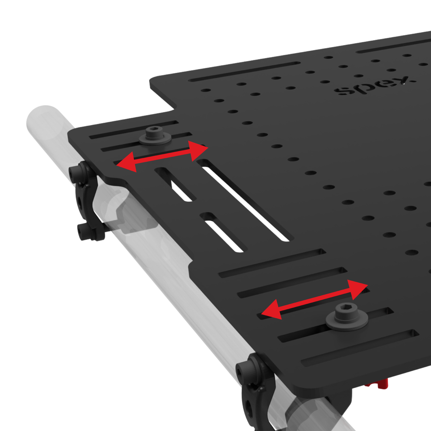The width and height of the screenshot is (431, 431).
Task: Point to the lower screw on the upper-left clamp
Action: click(83, 232)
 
